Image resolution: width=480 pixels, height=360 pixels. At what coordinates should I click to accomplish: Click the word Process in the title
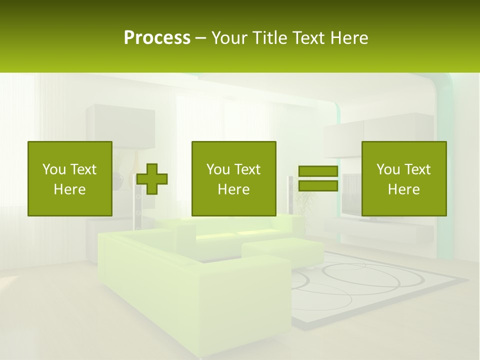tap(157, 38)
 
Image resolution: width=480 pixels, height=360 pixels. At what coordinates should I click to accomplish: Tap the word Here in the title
tap(349, 38)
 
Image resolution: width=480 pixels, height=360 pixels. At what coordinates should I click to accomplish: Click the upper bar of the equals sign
tap(318, 171)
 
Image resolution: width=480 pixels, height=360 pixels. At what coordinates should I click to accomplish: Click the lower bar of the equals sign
tap(318, 186)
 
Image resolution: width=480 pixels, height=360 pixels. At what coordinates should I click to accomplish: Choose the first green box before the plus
tap(70, 178)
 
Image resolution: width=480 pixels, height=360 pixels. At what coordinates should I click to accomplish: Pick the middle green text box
tap(233, 178)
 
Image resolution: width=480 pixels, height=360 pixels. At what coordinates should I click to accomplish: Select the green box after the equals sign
tap(403, 178)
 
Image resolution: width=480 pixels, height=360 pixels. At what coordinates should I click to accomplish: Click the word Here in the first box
tap(70, 189)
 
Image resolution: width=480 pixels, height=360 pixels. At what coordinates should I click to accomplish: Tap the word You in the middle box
tap(218, 169)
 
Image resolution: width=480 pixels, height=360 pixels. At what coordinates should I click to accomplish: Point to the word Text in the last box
tap(417, 169)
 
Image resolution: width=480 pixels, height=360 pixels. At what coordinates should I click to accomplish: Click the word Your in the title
tap(230, 38)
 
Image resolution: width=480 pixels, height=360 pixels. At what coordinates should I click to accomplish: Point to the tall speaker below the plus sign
tap(137, 210)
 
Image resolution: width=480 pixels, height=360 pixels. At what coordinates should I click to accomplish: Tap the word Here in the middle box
tap(233, 189)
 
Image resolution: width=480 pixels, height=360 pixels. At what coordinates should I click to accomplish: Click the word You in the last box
tap(388, 169)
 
